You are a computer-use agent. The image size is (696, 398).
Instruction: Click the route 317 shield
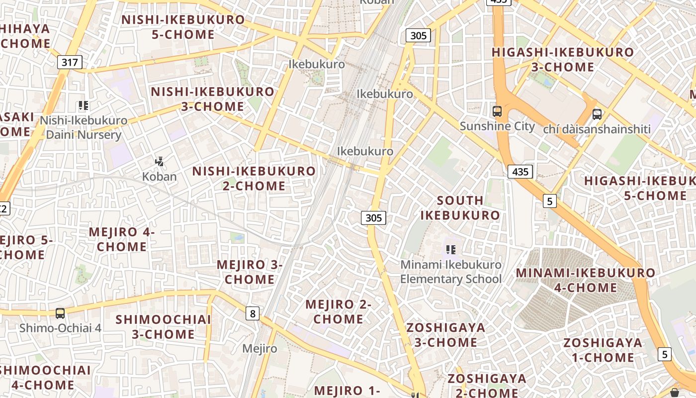pos(70,62)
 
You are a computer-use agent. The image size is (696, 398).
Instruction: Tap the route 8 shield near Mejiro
pos(253,313)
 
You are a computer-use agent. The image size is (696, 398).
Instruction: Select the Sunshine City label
pos(497,126)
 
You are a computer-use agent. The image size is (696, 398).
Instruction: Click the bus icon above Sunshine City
pos(497,111)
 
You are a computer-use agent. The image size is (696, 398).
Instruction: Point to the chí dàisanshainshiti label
pos(597,129)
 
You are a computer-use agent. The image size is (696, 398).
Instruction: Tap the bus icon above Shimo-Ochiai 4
pos(60,313)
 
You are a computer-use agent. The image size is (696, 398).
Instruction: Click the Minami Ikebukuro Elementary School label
pos(451,272)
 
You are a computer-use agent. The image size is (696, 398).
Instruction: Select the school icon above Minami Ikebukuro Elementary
pos(451,250)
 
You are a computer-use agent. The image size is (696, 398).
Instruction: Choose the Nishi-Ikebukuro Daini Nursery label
pos(84,127)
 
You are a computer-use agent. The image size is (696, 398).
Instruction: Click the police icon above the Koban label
pos(159,162)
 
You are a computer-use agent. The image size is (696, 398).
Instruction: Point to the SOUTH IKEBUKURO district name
pos(460,207)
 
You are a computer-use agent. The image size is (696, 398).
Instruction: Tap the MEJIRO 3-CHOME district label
pos(250,272)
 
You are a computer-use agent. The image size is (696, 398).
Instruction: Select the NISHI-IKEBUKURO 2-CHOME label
pos(254,178)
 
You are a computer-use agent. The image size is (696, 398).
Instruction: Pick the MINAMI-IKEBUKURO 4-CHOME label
pos(585,280)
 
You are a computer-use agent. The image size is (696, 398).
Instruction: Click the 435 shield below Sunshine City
pos(520,172)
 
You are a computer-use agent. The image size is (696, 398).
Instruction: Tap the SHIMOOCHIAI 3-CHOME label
pos(163,327)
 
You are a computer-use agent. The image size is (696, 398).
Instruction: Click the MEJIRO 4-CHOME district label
pos(122,239)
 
